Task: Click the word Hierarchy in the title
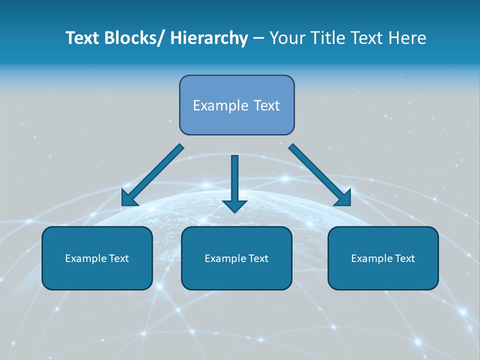[x=209, y=38]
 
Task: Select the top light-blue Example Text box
[x=236, y=105]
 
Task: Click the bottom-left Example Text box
[x=97, y=258]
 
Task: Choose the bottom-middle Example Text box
[x=236, y=258]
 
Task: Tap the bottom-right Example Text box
[x=383, y=258]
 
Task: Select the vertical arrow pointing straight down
[x=234, y=180]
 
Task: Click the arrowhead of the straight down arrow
[x=234, y=205]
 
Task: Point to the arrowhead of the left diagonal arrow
[x=129, y=198]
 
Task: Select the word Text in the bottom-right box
[x=404, y=258]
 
